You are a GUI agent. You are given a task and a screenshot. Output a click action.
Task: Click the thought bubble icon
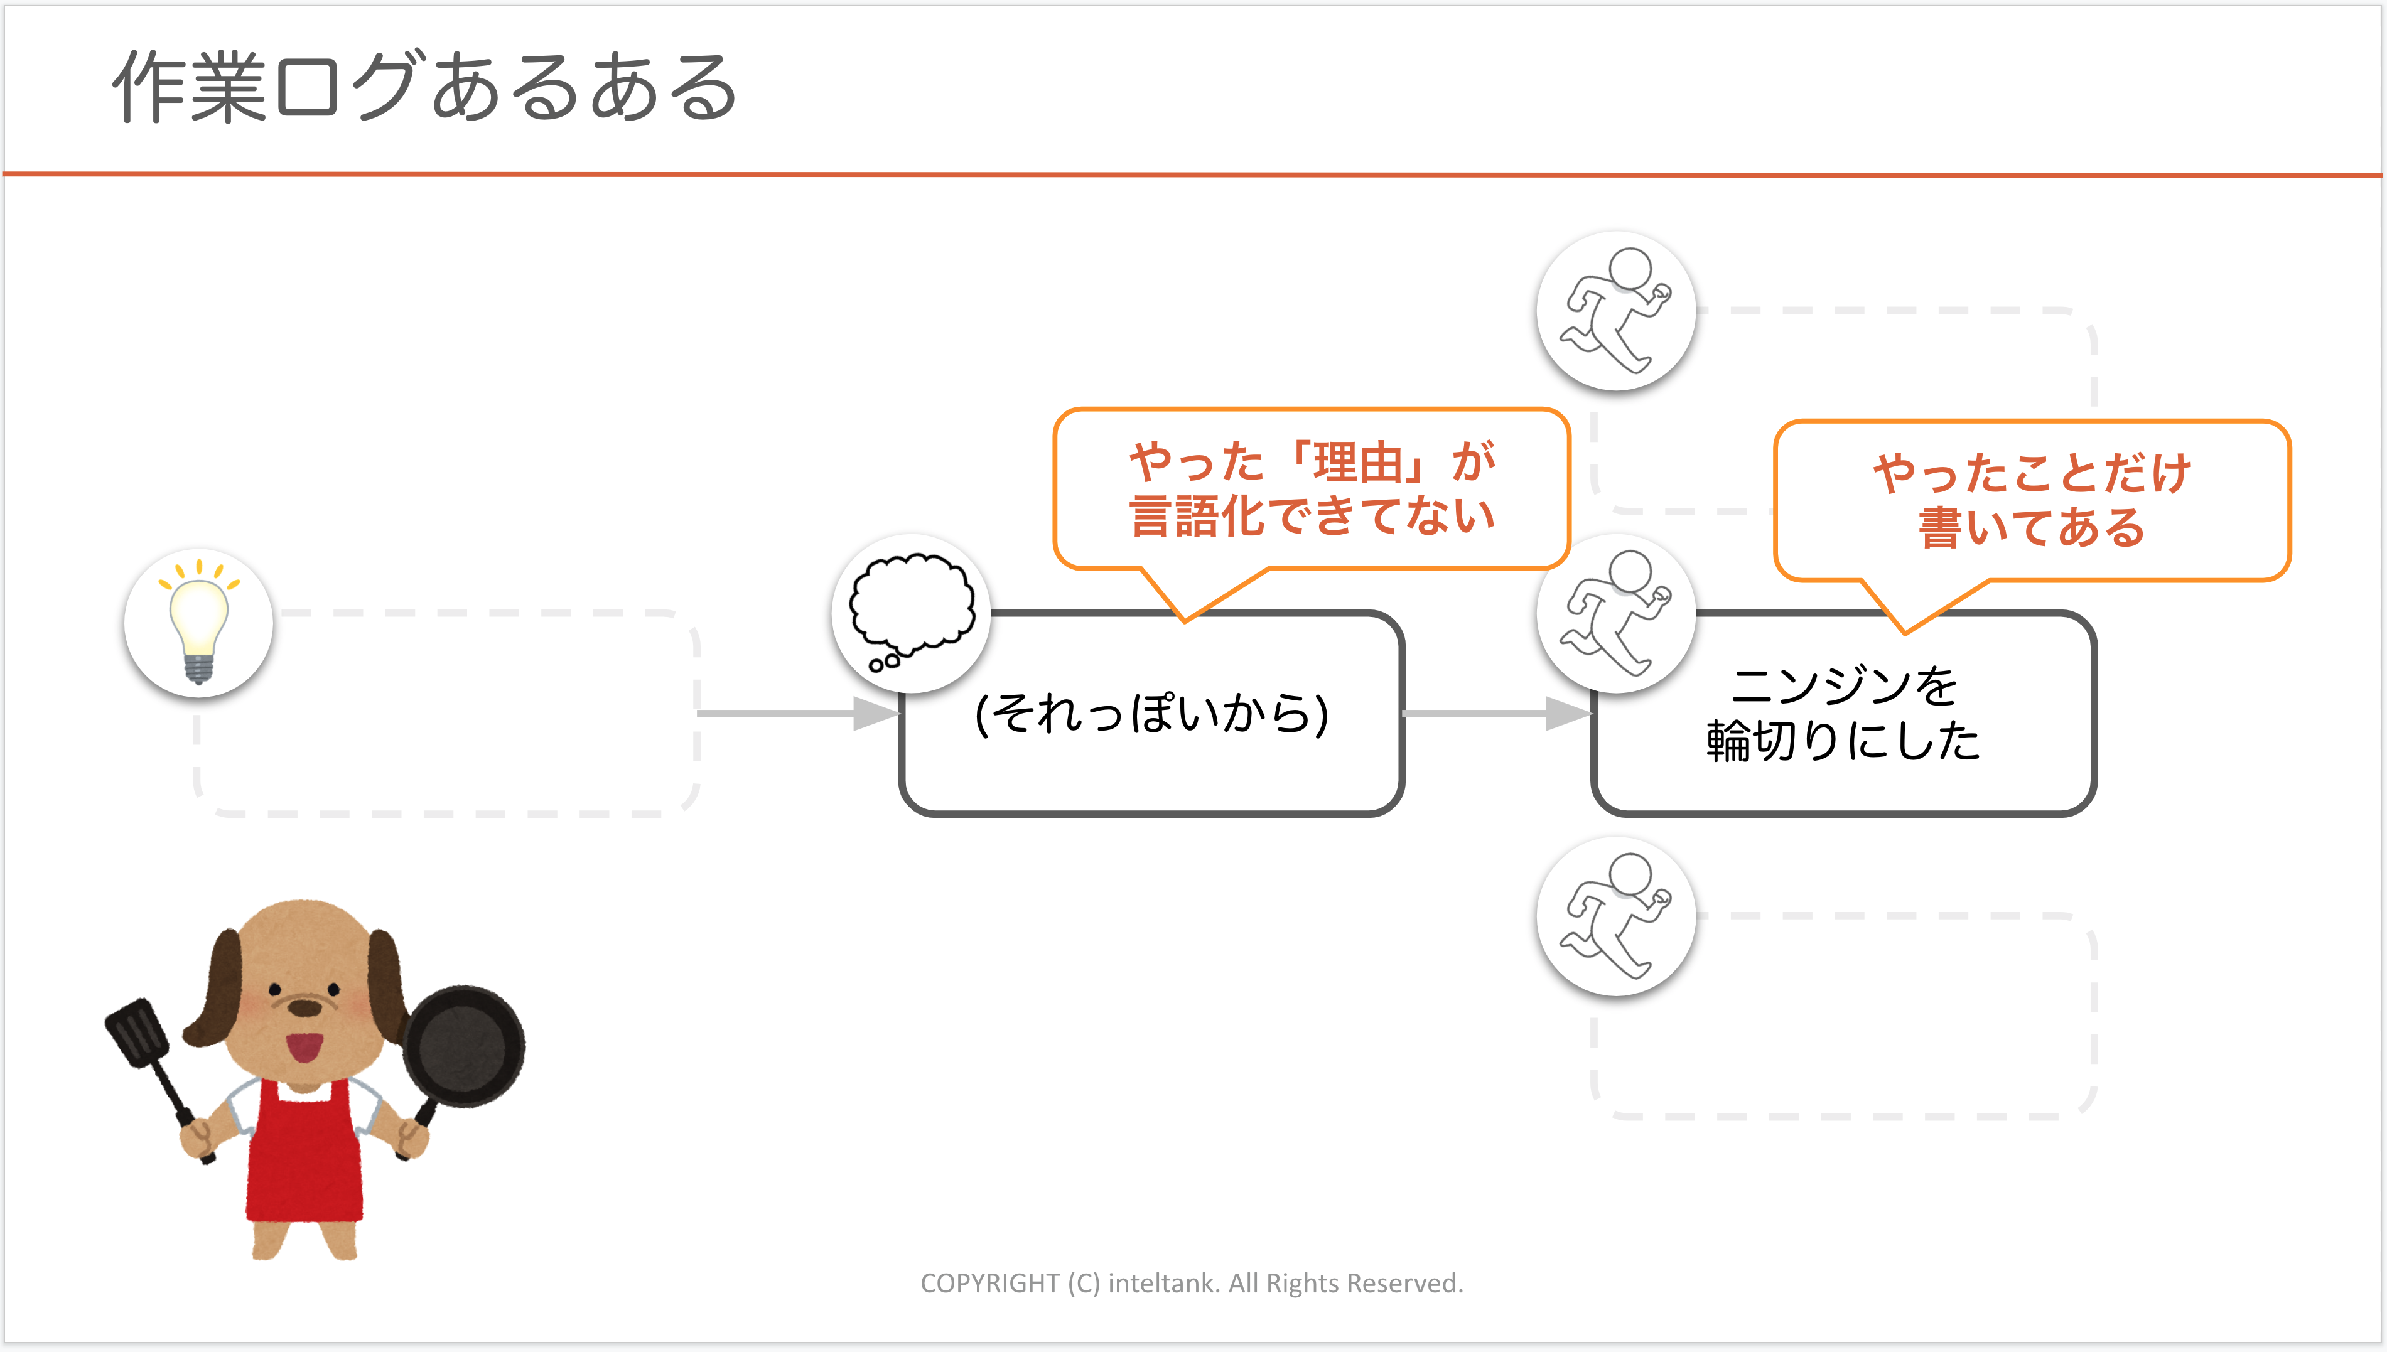[912, 612]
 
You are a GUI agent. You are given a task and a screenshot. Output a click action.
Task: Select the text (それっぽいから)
[1151, 713]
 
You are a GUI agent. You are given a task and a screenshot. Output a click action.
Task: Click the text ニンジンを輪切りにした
[1844, 713]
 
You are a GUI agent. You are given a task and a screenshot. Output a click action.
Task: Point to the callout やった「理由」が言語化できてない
[1312, 490]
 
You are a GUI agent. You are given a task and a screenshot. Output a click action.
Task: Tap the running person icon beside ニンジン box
[1616, 613]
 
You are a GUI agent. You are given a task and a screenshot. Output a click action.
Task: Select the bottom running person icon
[1616, 916]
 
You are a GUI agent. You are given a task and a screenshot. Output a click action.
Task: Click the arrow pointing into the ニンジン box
[1495, 713]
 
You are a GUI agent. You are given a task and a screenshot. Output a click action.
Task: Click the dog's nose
[304, 1007]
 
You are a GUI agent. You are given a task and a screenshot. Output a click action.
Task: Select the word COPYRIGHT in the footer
[989, 1284]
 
